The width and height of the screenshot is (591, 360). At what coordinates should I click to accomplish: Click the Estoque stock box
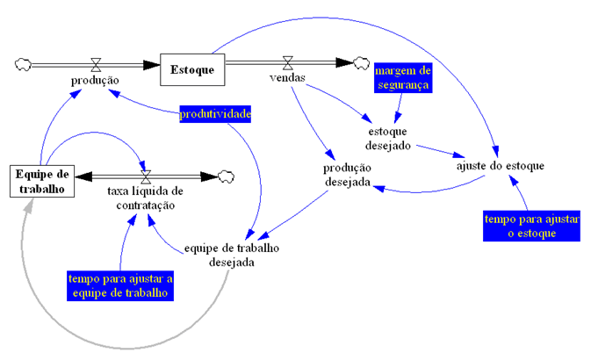pos(192,68)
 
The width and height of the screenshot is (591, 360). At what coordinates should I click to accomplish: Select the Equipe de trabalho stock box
pos(42,180)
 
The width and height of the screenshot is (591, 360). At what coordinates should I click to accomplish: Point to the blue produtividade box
pos(215,114)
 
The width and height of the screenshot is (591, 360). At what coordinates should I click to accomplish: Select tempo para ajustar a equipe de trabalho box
pos(119,285)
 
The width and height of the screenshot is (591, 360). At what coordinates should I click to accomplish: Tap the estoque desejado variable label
pos(386,138)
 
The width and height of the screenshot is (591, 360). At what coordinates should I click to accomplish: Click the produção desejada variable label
pos(348,174)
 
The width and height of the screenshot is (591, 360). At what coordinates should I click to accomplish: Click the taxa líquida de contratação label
pos(145,198)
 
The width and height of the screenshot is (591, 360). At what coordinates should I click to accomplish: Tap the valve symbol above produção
pos(95,63)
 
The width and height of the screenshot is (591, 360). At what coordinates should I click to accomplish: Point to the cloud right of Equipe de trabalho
pos(227,176)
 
